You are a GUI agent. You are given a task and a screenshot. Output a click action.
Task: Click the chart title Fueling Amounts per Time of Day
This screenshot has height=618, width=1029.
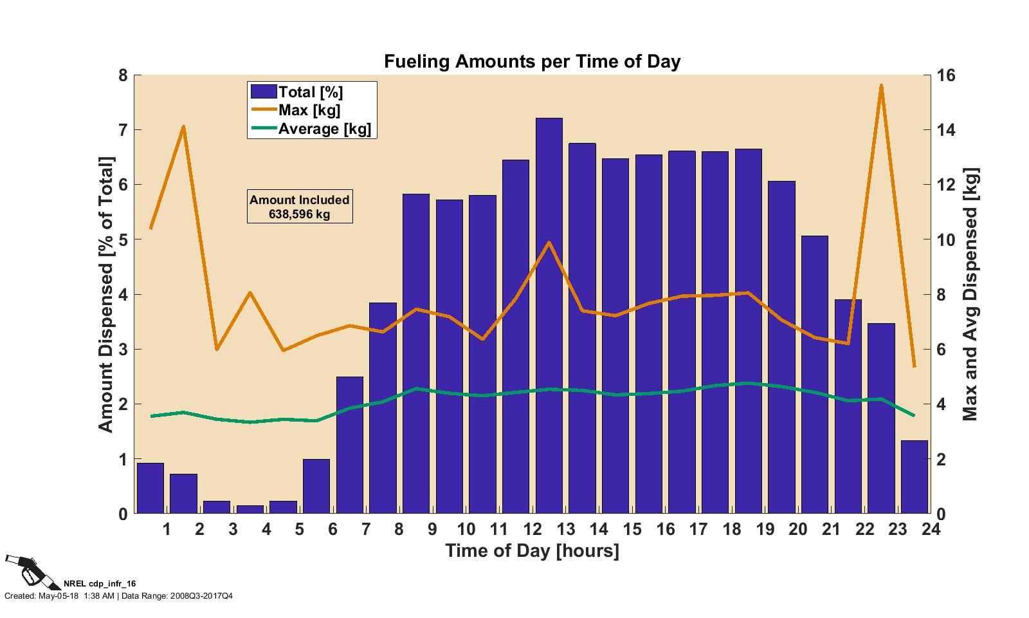532,62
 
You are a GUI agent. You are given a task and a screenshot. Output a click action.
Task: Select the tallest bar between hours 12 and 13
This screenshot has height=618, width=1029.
549,315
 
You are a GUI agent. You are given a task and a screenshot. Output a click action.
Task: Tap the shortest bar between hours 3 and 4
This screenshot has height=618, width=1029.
250,509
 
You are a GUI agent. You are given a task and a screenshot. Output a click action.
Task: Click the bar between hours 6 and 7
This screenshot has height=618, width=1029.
349,445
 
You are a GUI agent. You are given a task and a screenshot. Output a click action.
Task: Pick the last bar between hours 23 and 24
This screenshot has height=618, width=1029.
914,477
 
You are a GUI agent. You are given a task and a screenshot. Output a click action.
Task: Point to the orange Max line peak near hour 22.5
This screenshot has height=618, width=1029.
880,86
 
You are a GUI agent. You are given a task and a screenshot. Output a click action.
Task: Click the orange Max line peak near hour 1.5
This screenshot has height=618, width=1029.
183,127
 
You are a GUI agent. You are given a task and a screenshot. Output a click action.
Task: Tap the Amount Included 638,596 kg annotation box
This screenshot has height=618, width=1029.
300,207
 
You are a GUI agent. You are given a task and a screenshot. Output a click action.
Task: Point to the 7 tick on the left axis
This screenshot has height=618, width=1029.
123,130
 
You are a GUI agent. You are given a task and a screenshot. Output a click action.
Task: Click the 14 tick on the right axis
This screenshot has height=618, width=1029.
947,130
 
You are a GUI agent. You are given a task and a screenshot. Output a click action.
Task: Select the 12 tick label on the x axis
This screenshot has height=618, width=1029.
532,530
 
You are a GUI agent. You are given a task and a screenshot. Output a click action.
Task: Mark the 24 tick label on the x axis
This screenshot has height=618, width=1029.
930,530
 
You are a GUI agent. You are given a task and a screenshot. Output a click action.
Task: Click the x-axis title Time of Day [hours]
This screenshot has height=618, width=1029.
532,551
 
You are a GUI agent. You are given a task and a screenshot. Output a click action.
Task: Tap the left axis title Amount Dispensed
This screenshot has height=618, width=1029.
105,294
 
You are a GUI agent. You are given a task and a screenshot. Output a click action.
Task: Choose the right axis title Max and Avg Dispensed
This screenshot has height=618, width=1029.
969,294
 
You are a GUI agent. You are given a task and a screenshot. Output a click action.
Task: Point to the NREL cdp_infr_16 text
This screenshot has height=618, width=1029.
100,583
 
